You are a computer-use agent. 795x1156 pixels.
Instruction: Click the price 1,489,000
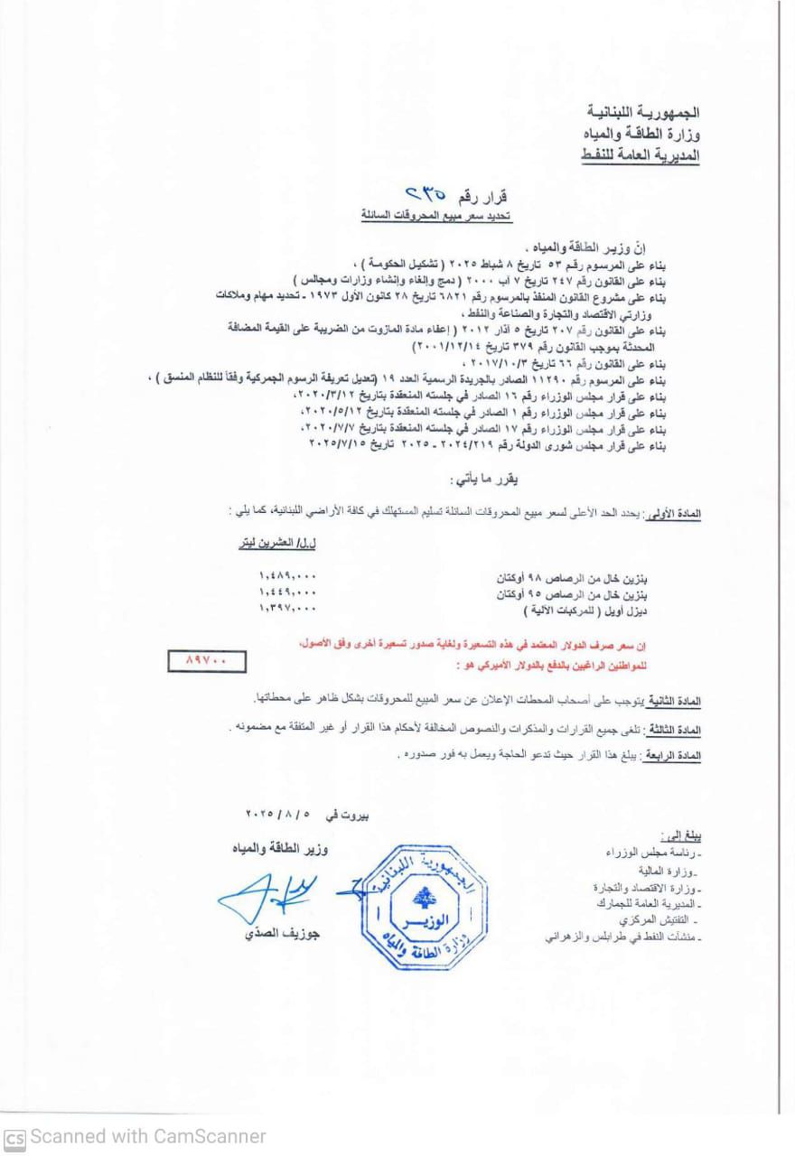coord(287,575)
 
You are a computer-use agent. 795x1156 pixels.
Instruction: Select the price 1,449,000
coord(287,592)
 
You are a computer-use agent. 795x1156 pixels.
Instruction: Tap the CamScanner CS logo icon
coord(14,1136)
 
